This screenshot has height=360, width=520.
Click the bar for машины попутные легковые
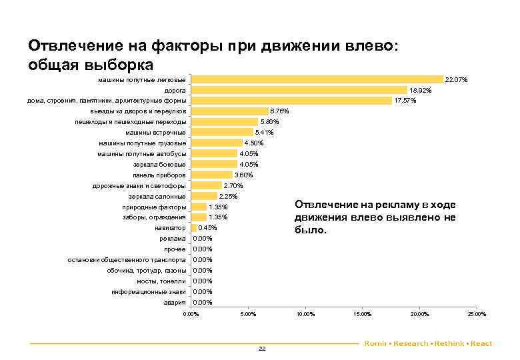click(x=317, y=79)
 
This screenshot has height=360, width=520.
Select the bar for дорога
click(x=299, y=90)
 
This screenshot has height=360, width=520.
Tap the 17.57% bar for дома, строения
click(x=291, y=101)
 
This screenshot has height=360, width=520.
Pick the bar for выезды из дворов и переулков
click(x=229, y=111)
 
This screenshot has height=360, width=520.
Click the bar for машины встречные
click(x=222, y=133)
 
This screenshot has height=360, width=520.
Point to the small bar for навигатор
click(x=193, y=228)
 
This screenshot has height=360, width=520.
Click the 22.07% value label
click(x=457, y=80)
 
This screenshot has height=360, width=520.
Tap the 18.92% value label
click(x=421, y=90)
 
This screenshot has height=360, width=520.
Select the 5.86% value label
click(x=270, y=122)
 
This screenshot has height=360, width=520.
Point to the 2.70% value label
click(x=234, y=185)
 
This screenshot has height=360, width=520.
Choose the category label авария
click(x=175, y=303)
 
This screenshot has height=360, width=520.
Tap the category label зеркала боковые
click(x=160, y=164)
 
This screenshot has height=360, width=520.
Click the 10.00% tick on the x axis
click(x=305, y=314)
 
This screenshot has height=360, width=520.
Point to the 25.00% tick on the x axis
click(x=477, y=314)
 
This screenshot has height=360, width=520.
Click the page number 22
click(x=261, y=349)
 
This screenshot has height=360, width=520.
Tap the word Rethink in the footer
click(x=451, y=343)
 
